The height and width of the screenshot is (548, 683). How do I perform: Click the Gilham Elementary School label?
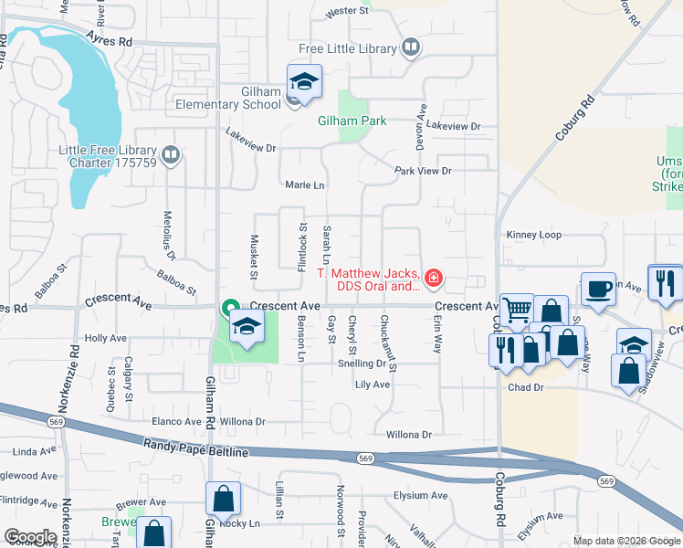pos(223,104)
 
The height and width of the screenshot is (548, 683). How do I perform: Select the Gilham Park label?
pos(352,121)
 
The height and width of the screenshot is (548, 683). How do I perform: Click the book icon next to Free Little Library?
pos(411,47)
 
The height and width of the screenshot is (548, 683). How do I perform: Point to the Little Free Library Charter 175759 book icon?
pos(169,155)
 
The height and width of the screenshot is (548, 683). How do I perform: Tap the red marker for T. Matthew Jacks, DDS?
pos(434,277)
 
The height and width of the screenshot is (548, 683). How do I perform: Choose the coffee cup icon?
pos(598,290)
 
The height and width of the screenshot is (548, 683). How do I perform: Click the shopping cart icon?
pos(517,311)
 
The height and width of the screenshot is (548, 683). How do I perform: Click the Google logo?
pos(30,537)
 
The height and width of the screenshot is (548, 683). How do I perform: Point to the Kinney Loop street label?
pos(534,235)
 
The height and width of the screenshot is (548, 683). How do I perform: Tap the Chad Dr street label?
pos(525,387)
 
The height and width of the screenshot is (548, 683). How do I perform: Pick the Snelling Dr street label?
pos(362,363)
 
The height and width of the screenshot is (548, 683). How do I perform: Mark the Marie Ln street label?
pos(305,185)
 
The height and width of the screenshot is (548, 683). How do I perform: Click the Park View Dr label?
pos(422,171)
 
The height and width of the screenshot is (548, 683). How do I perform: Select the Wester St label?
pos(348,12)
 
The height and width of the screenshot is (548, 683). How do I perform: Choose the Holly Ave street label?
pos(105,338)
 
